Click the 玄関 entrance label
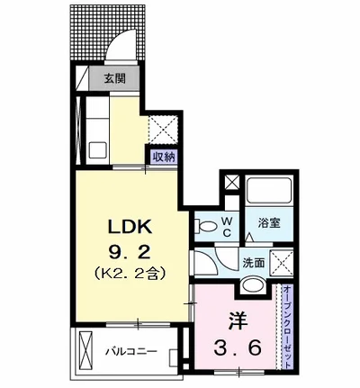tap(115, 78)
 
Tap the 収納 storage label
tap(164, 157)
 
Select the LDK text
tap(130, 228)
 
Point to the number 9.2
tap(130, 253)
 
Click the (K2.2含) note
tap(130, 274)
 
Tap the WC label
tap(227, 227)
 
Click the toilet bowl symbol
tap(206, 226)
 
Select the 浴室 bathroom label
tap(269, 223)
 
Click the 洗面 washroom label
tap(254, 263)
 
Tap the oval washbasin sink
tap(253, 285)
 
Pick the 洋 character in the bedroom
tap(238, 321)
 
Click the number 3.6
tap(238, 348)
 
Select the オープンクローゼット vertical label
tap(287, 327)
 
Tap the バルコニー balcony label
tap(130, 351)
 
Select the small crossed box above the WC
tap(233, 183)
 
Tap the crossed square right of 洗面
tap(282, 262)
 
